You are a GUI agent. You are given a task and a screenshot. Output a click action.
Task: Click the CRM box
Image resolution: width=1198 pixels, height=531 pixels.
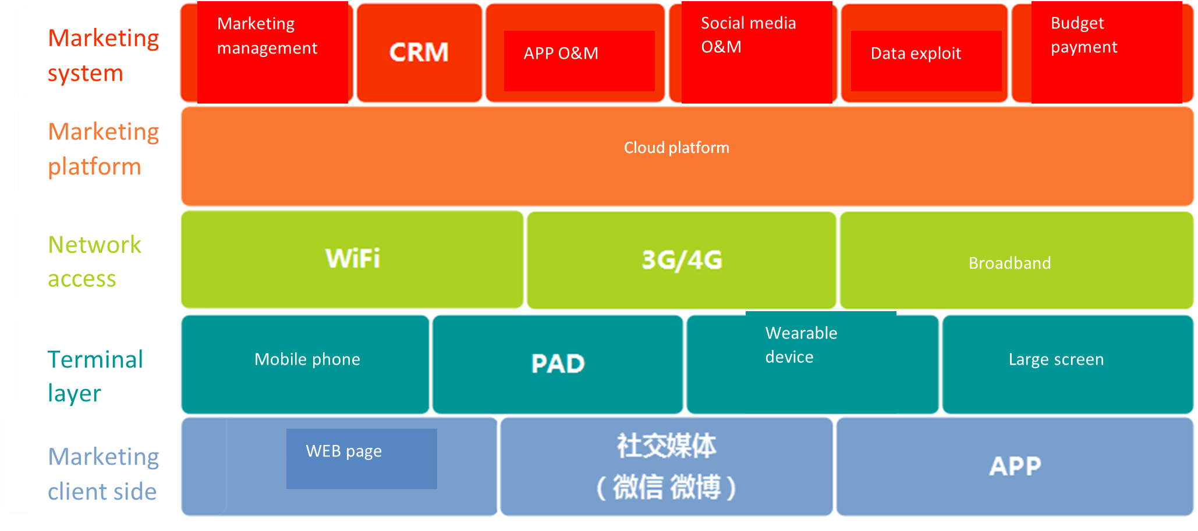pos(419,52)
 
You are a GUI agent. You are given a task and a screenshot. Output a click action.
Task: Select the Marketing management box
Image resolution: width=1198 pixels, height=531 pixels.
pos(272,52)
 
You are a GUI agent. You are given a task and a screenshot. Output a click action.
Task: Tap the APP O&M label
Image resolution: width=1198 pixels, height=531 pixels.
pos(561,54)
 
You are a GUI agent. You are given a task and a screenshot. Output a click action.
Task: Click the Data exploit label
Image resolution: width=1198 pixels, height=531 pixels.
pos(916,54)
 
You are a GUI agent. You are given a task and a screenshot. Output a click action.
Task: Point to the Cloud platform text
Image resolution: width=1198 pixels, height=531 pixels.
pos(676,148)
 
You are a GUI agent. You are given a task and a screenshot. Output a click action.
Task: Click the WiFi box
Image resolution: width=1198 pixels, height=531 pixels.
pos(352,259)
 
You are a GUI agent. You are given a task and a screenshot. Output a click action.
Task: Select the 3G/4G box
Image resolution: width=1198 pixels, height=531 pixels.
pos(682,260)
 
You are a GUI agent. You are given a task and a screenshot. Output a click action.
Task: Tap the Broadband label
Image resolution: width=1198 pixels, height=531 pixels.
pos(1009,263)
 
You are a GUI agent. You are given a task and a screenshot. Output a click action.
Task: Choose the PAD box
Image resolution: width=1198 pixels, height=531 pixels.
pos(558,364)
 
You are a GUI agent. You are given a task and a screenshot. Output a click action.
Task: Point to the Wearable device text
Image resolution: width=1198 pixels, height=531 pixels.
pos(801,345)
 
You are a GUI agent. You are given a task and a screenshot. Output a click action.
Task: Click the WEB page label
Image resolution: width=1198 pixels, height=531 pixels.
pos(343,451)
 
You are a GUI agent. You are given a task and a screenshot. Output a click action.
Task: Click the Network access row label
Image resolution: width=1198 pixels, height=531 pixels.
pos(94,262)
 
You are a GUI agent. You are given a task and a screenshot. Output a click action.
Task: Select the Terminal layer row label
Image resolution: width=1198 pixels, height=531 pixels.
pos(95,376)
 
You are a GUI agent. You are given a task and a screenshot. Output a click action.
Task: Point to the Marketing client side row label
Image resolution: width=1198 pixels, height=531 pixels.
pos(103,474)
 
